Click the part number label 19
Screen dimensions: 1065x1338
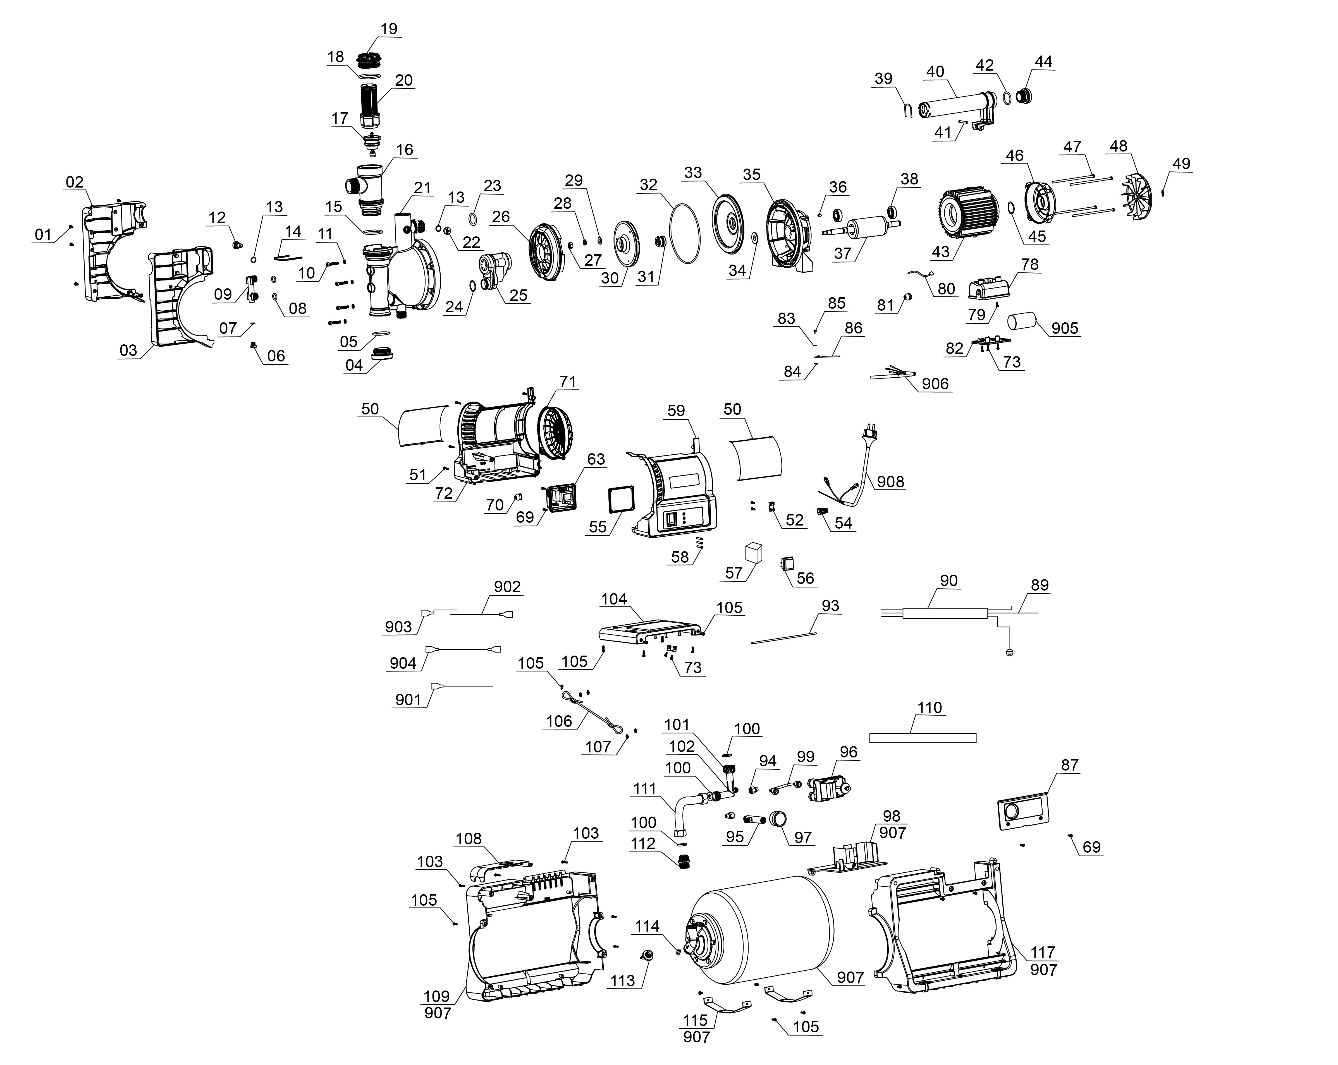pyautogui.click(x=388, y=29)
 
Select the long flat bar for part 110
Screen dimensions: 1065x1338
pyautogui.click(x=922, y=738)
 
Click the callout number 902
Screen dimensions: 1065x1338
pyautogui.click(x=507, y=587)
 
